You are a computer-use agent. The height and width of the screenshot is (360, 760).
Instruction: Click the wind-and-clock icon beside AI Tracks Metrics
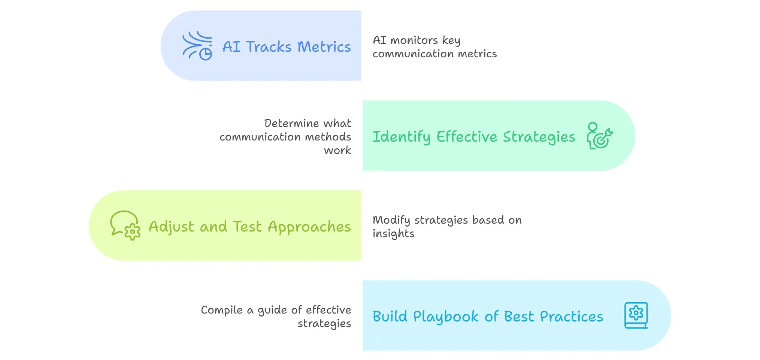[197, 46]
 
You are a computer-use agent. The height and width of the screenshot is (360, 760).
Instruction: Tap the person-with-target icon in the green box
[600, 136]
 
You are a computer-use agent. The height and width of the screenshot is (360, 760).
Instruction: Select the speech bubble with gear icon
[125, 225]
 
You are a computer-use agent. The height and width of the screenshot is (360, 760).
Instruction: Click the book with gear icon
[636, 315]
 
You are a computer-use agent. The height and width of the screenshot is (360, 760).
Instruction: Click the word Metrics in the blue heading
[324, 47]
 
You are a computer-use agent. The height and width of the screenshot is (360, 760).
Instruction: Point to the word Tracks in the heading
[269, 47]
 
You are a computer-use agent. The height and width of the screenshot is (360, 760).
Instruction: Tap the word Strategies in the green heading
[539, 137]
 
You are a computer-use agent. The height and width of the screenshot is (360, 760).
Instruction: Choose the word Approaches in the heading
[309, 227]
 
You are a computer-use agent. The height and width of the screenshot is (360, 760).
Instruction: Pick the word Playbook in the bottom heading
[446, 317]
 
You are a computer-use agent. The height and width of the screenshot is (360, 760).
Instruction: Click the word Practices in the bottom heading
[572, 317]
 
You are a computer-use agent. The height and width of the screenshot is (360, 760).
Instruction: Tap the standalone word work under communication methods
[337, 150]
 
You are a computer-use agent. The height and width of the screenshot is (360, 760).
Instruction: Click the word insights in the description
[393, 234]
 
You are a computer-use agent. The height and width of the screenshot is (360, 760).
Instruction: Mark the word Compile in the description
[222, 310]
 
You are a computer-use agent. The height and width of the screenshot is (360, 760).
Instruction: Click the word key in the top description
[451, 40]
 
